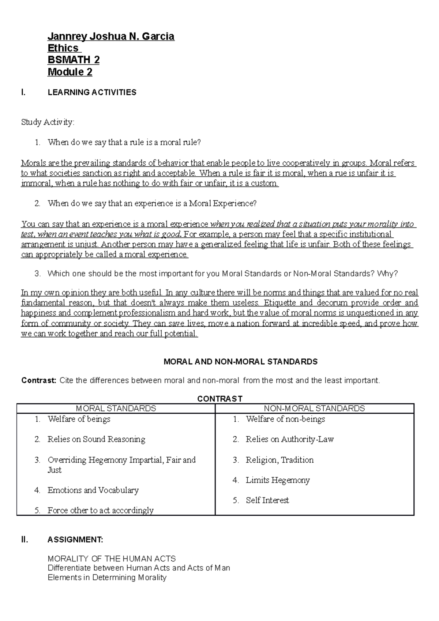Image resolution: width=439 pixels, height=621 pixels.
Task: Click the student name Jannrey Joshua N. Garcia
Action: point(111,37)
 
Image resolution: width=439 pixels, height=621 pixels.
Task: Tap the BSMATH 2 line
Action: point(74,60)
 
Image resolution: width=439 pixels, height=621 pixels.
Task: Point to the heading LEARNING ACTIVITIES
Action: point(92,93)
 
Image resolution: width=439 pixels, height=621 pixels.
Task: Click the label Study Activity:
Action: point(48,122)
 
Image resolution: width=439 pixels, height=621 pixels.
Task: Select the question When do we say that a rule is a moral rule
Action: point(124,143)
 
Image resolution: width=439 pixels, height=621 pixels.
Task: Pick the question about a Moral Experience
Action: point(152,204)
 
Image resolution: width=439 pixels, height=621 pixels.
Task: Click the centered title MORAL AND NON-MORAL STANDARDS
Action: point(240,362)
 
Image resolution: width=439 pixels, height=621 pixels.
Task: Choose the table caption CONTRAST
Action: point(219,399)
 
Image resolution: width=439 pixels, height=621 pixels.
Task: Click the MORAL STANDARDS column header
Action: point(116,409)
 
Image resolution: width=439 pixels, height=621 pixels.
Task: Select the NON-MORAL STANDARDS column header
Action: point(315,409)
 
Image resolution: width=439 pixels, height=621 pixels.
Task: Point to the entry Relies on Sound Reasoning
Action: point(96,439)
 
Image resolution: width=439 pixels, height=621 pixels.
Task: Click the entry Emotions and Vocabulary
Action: point(93,490)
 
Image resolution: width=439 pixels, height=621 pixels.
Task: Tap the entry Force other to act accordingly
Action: point(100,511)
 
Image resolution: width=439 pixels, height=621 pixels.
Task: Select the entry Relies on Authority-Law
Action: point(290,439)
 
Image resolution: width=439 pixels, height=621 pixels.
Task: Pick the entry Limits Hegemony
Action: point(278,480)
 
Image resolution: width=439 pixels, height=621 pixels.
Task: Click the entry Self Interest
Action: point(267,500)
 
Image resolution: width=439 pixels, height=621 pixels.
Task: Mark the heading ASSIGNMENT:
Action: point(75,540)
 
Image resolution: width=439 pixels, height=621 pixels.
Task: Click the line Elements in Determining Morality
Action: point(107,578)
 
